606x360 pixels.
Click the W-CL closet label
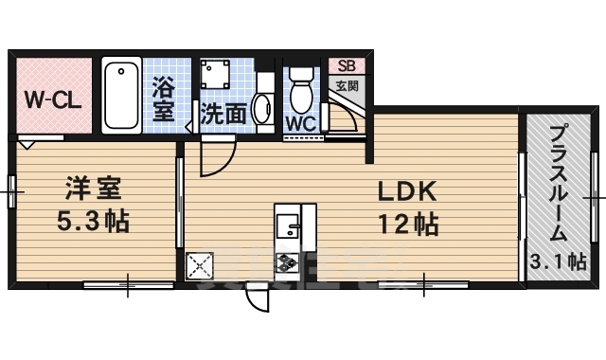pyautogui.click(x=55, y=99)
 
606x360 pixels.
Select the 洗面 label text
pyautogui.click(x=224, y=113)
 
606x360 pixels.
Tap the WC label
pyautogui.click(x=302, y=124)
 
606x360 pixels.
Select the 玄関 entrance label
pyautogui.click(x=346, y=85)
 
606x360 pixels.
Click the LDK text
pyautogui.click(x=406, y=192)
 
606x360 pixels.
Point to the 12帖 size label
pyautogui.click(x=408, y=225)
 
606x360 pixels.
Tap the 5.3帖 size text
pyautogui.click(x=91, y=223)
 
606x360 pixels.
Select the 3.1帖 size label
pyautogui.click(x=558, y=262)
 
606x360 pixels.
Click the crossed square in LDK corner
pyautogui.click(x=200, y=266)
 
